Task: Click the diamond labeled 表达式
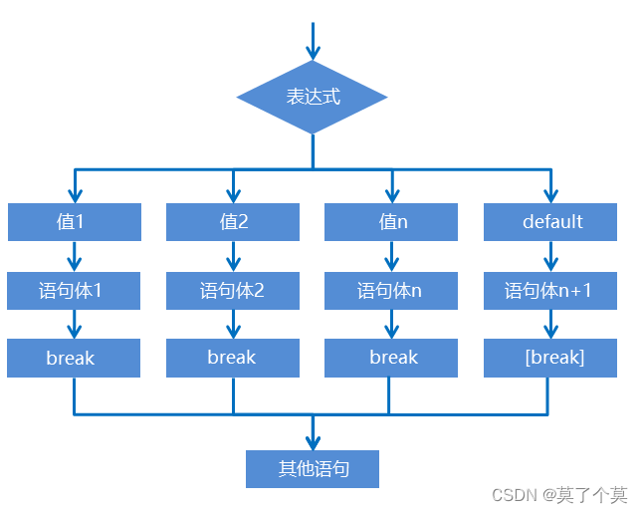coord(312,97)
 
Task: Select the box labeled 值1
coord(74,221)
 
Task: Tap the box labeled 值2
coord(233,221)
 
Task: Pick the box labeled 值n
coord(391,221)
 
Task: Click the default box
coord(550,221)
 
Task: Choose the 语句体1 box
coord(74,290)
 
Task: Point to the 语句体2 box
coord(233,290)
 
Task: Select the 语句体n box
coord(391,290)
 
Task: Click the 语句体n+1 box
coord(550,290)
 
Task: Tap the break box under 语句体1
coord(74,358)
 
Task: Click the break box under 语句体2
coord(233,358)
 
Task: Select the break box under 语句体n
coord(391,358)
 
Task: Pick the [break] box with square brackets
coord(550,358)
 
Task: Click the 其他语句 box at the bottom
coord(313,468)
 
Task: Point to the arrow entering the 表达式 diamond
coord(313,43)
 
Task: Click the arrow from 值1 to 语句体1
coord(74,256)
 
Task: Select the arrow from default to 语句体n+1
coord(550,256)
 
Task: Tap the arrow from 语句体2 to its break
coord(233,324)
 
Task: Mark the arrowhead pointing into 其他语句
coord(313,441)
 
